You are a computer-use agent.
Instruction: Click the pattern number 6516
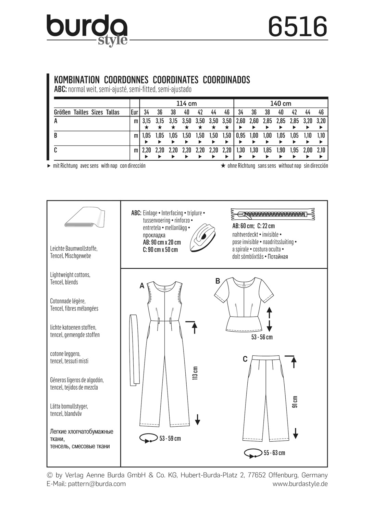tap(297, 27)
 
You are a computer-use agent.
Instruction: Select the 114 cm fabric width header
tap(186, 103)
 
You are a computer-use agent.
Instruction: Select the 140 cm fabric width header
tap(281, 103)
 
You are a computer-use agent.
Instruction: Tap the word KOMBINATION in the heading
tap(77, 80)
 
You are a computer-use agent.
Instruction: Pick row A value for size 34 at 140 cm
tap(240, 121)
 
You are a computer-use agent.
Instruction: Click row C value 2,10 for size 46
tap(321, 150)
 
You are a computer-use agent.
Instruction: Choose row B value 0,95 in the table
tap(240, 135)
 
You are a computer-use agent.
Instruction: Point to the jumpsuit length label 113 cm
tap(196, 373)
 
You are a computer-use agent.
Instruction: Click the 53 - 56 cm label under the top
tap(262, 337)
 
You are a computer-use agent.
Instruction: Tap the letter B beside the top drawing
tap(218, 281)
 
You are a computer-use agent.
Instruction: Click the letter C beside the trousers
tap(245, 359)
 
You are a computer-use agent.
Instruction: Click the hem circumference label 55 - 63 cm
tap(274, 453)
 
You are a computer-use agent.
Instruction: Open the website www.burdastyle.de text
tap(300, 484)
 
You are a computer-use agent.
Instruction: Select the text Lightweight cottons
tap(70, 275)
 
